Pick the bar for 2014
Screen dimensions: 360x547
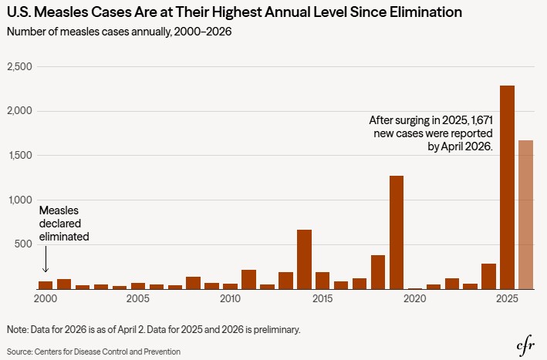tap(304, 259)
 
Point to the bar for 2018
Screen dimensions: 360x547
tap(378, 272)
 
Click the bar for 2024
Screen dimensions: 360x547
tap(488, 276)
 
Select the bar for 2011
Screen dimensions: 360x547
tap(248, 279)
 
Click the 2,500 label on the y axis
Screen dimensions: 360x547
tap(19, 67)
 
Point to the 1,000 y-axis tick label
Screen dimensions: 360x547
tap(19, 200)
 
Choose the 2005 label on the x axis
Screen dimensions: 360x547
tap(138, 298)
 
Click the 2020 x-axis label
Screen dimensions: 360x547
tap(415, 298)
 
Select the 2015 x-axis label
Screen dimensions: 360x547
tap(322, 298)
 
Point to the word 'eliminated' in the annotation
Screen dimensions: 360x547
tap(64, 236)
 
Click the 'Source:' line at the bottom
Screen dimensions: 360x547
tap(93, 352)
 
